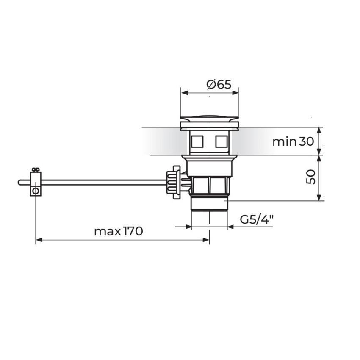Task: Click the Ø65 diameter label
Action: click(219, 84)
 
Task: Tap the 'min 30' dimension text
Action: click(293, 141)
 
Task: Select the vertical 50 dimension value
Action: click(311, 177)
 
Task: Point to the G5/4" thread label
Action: click(257, 219)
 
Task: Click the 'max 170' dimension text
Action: click(119, 231)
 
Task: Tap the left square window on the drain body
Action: click(197, 141)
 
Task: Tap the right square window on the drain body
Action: click(222, 141)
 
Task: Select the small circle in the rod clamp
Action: click(36, 191)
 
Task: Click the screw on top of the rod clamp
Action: click(36, 170)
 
